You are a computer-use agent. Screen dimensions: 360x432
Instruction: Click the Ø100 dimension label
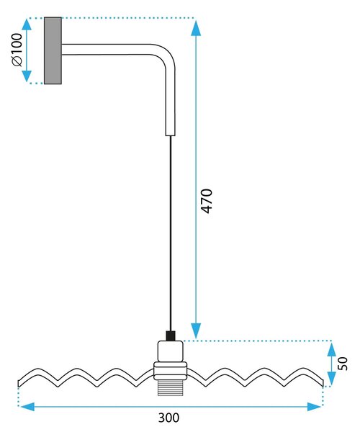click(17, 50)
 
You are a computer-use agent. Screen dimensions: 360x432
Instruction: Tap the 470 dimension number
click(207, 201)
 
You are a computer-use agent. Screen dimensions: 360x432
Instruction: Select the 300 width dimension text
click(168, 418)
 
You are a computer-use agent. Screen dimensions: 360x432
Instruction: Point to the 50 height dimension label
click(343, 364)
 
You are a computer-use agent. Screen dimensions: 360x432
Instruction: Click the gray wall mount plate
click(53, 50)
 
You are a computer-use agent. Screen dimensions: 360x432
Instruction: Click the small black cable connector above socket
click(171, 336)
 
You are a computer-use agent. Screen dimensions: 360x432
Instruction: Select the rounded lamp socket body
click(171, 351)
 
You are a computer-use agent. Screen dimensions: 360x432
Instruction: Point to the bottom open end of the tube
click(170, 135)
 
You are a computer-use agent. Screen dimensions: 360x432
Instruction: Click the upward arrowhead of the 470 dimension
click(196, 28)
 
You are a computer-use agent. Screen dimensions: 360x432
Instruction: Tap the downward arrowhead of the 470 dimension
click(196, 330)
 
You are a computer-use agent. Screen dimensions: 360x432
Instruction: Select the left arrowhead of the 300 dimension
click(27, 406)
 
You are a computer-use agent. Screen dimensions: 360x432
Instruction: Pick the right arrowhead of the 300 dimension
click(314, 406)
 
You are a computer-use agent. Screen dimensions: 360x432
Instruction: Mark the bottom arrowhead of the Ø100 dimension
click(27, 76)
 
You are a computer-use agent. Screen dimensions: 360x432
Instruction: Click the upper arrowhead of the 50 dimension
click(332, 348)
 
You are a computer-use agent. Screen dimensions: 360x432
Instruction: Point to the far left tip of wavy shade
click(19, 384)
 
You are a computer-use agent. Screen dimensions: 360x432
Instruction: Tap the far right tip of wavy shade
click(323, 384)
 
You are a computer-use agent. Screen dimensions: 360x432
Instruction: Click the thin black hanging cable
click(171, 233)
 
